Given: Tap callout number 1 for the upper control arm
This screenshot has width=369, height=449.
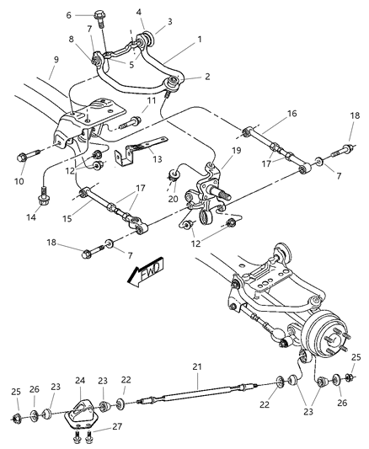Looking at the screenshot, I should [x=199, y=40].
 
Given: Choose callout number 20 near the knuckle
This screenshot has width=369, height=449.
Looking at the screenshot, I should [x=172, y=199].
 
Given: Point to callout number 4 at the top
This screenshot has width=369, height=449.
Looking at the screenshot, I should [x=139, y=12].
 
